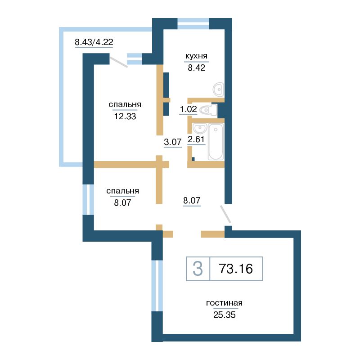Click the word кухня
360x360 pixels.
coord(196,56)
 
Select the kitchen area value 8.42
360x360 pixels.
coord(196,68)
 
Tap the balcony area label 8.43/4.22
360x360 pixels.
coord(94,42)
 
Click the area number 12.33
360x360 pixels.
coord(125,117)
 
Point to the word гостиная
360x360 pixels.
coord(224,303)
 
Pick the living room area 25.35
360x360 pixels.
coord(224,315)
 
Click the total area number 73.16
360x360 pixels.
coord(236,269)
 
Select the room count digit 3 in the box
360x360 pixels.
coord(198,269)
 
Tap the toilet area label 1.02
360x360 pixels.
coord(188,109)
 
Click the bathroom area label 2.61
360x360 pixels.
coord(196,139)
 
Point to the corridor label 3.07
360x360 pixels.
coord(173,142)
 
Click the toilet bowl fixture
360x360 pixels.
coord(208,110)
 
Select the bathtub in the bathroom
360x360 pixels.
coord(216,142)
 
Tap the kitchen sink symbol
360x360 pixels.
coord(218,89)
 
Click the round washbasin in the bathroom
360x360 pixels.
coord(200,128)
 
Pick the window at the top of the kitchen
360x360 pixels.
coord(193,24)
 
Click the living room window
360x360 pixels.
coord(157,286)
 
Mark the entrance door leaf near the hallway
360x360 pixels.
coord(225,214)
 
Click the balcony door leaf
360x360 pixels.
coord(119,62)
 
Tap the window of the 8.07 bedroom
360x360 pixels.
coord(88,199)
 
